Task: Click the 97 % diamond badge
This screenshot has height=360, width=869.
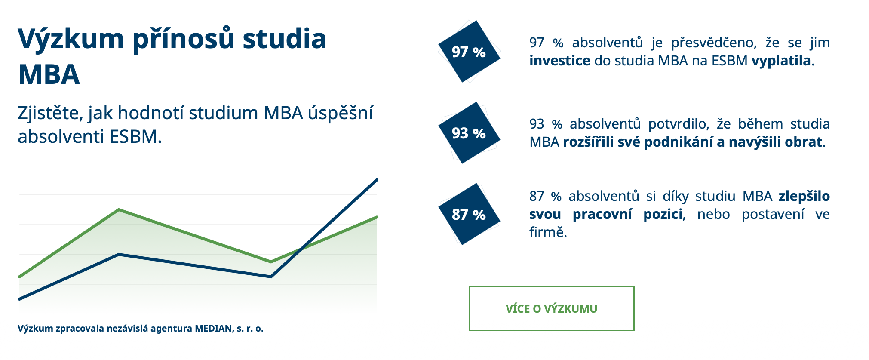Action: [469, 51]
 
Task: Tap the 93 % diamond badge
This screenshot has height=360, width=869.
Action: [469, 132]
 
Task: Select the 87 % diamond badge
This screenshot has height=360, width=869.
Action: [469, 214]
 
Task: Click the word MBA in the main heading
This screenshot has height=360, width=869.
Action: [49, 74]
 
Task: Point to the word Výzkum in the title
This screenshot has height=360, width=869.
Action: [71, 39]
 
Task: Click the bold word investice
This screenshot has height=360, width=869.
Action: [559, 61]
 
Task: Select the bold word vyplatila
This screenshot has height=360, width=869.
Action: [781, 61]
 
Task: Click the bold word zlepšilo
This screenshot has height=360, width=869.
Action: [804, 196]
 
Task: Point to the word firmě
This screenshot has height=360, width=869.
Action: [548, 232]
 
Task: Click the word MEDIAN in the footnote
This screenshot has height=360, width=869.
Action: [213, 329]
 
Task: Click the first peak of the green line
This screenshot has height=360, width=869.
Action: [119, 210]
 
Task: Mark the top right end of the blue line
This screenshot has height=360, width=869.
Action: [377, 180]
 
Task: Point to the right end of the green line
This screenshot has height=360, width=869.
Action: [377, 217]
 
